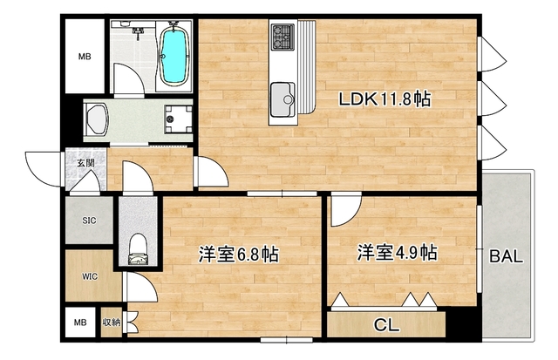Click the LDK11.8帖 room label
pos(384,99)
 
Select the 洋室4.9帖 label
pos(396,254)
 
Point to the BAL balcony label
pos(506,257)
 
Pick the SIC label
pos(89,221)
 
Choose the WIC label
pos(89,276)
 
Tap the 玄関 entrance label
pos(85,162)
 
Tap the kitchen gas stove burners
pos(285,37)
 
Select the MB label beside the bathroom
pos(85,58)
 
